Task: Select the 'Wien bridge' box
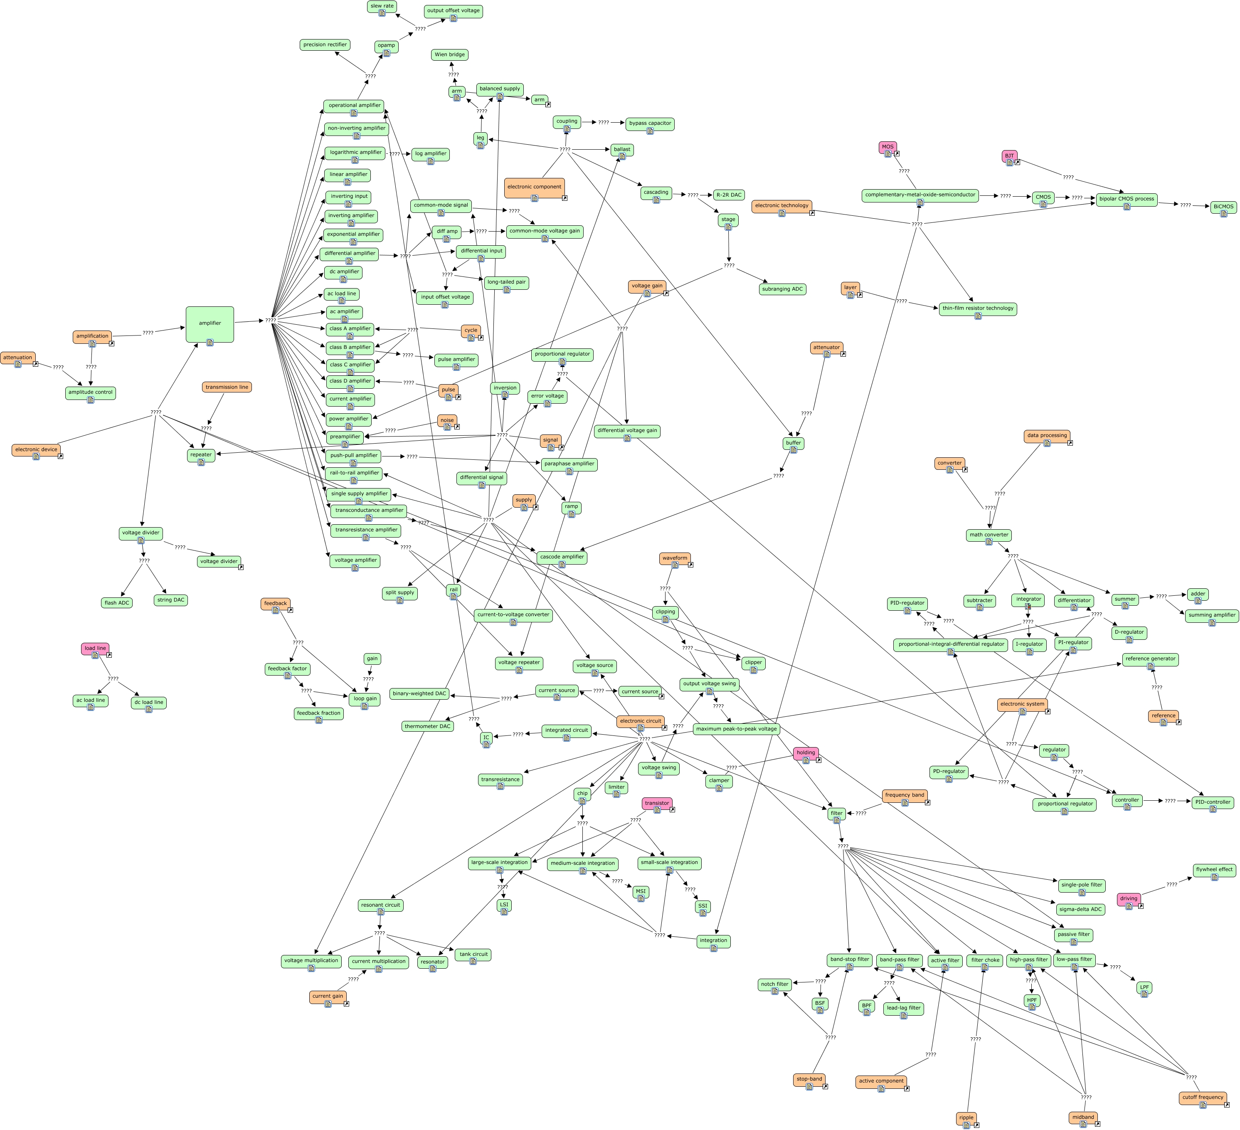click(x=450, y=55)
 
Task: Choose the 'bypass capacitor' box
click(x=650, y=123)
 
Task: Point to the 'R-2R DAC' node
click(x=729, y=195)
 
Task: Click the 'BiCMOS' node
click(x=1223, y=207)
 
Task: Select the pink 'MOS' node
click(x=887, y=148)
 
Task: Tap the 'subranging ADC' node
click(x=782, y=289)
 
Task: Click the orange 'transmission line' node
click(x=227, y=387)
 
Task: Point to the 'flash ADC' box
click(x=117, y=603)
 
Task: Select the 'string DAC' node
click(x=170, y=600)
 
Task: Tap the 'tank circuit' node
click(x=473, y=955)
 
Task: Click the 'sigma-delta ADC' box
click(x=1081, y=909)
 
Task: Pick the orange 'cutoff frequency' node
click(x=1203, y=1098)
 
